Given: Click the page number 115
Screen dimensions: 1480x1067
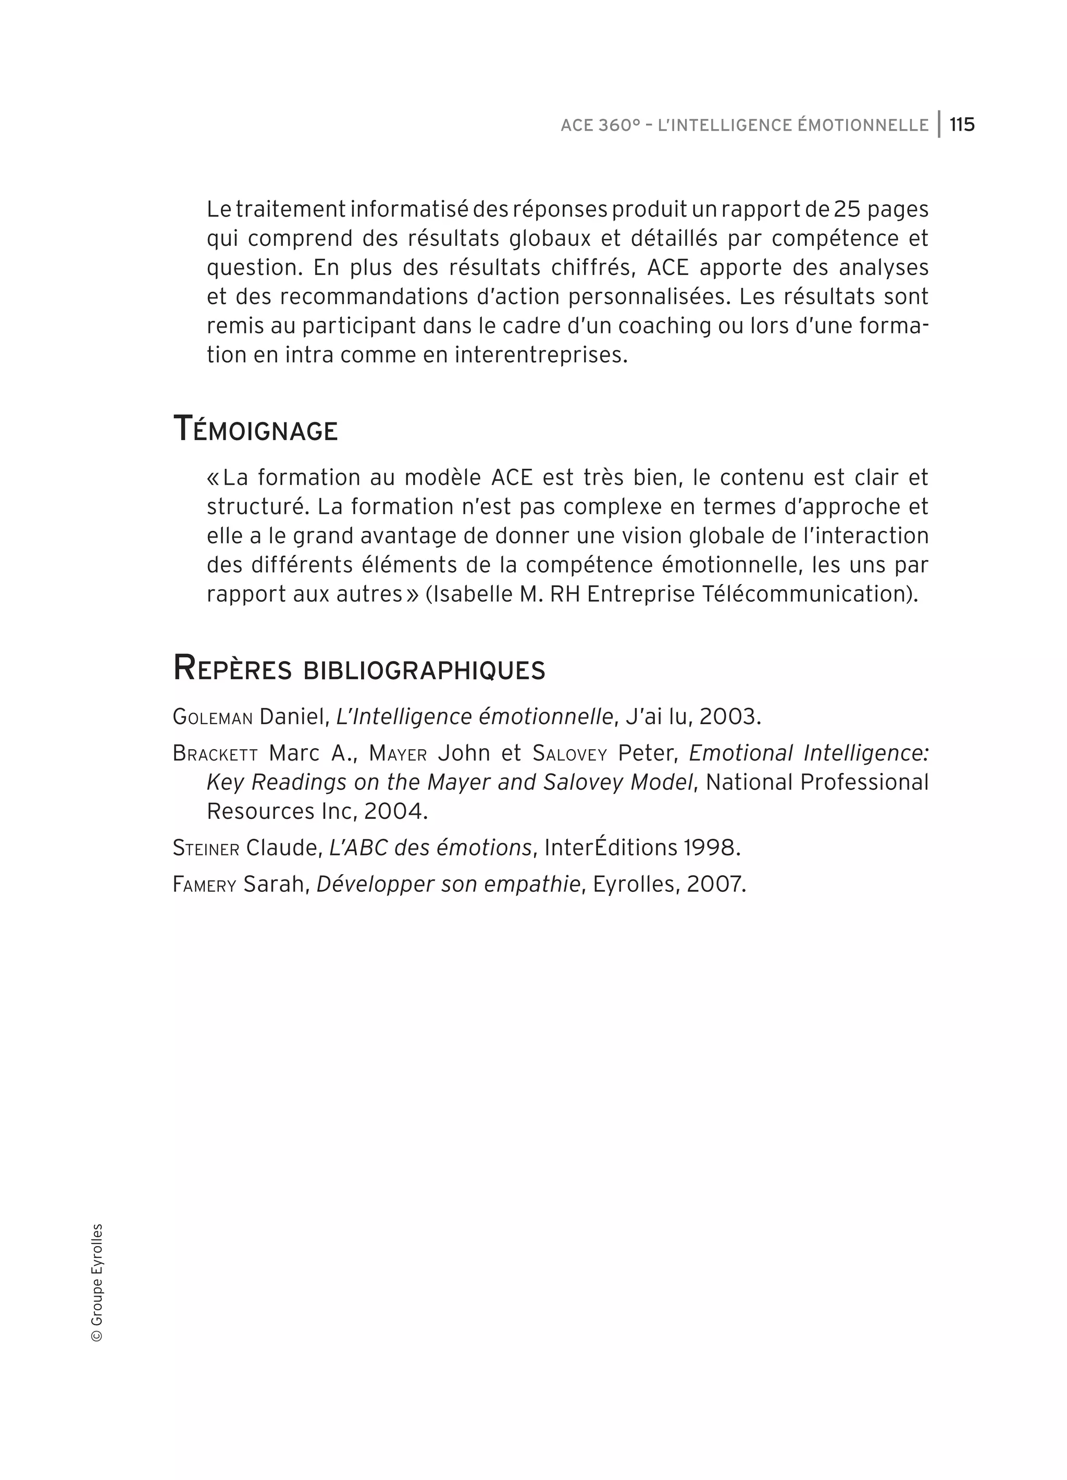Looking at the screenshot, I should pos(961,125).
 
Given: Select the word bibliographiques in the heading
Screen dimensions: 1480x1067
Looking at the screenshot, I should pos(424,670).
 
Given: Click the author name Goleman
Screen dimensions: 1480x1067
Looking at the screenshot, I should pos(213,717).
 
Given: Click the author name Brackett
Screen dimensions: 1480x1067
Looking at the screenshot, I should pos(215,754).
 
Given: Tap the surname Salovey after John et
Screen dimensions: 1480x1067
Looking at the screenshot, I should pos(570,754).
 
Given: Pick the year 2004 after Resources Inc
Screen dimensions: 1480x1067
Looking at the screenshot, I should pos(395,811).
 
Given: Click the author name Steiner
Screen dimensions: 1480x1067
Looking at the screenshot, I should pos(206,848).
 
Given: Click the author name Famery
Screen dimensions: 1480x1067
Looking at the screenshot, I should pos(204,885).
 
